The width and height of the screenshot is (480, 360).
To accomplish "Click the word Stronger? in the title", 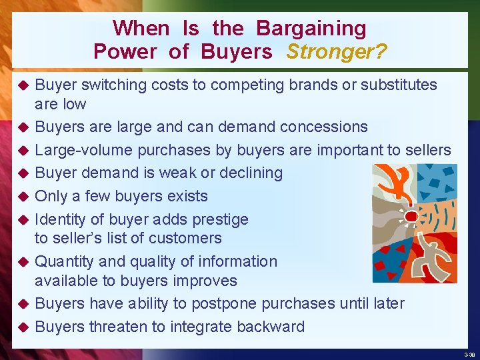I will (337, 51).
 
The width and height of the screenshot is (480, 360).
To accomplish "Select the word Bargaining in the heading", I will (311, 28).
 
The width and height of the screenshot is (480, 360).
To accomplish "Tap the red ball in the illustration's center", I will (411, 217).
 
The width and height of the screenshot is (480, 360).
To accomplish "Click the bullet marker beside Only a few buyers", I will (21, 197).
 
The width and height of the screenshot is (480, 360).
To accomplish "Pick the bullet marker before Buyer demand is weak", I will (21, 173).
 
